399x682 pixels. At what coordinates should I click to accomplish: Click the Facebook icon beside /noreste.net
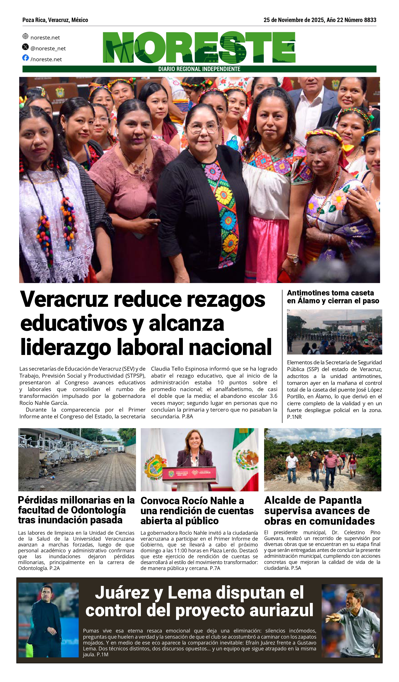(25, 58)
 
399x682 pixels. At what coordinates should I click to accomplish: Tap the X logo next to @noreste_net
(25, 47)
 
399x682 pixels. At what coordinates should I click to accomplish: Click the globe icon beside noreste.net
(25, 36)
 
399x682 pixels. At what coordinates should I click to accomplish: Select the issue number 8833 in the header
(370, 20)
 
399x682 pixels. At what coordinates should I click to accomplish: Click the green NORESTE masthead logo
(199, 48)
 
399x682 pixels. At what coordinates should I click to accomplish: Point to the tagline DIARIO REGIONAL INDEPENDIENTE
(199, 69)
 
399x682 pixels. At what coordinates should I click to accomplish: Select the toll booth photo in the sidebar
(334, 332)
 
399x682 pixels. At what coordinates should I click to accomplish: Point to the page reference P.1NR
(294, 417)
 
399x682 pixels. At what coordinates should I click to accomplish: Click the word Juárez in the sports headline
(122, 593)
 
